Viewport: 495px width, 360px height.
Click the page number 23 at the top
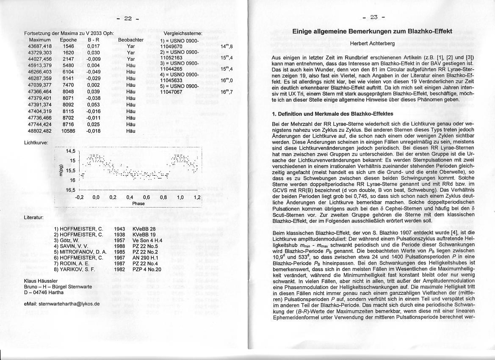373,17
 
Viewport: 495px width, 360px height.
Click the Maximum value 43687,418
40,46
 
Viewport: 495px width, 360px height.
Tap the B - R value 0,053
93,104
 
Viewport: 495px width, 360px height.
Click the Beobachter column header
131,40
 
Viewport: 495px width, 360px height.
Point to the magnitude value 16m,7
227,91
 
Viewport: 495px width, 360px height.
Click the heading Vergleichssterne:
183,33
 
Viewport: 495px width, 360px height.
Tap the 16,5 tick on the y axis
70,190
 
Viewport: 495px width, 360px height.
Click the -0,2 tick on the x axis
79,197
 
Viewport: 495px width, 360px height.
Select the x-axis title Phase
138,204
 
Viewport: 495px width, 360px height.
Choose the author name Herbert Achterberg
372,44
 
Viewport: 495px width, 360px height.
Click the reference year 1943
120,229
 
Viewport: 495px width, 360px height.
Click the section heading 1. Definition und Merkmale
332,114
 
